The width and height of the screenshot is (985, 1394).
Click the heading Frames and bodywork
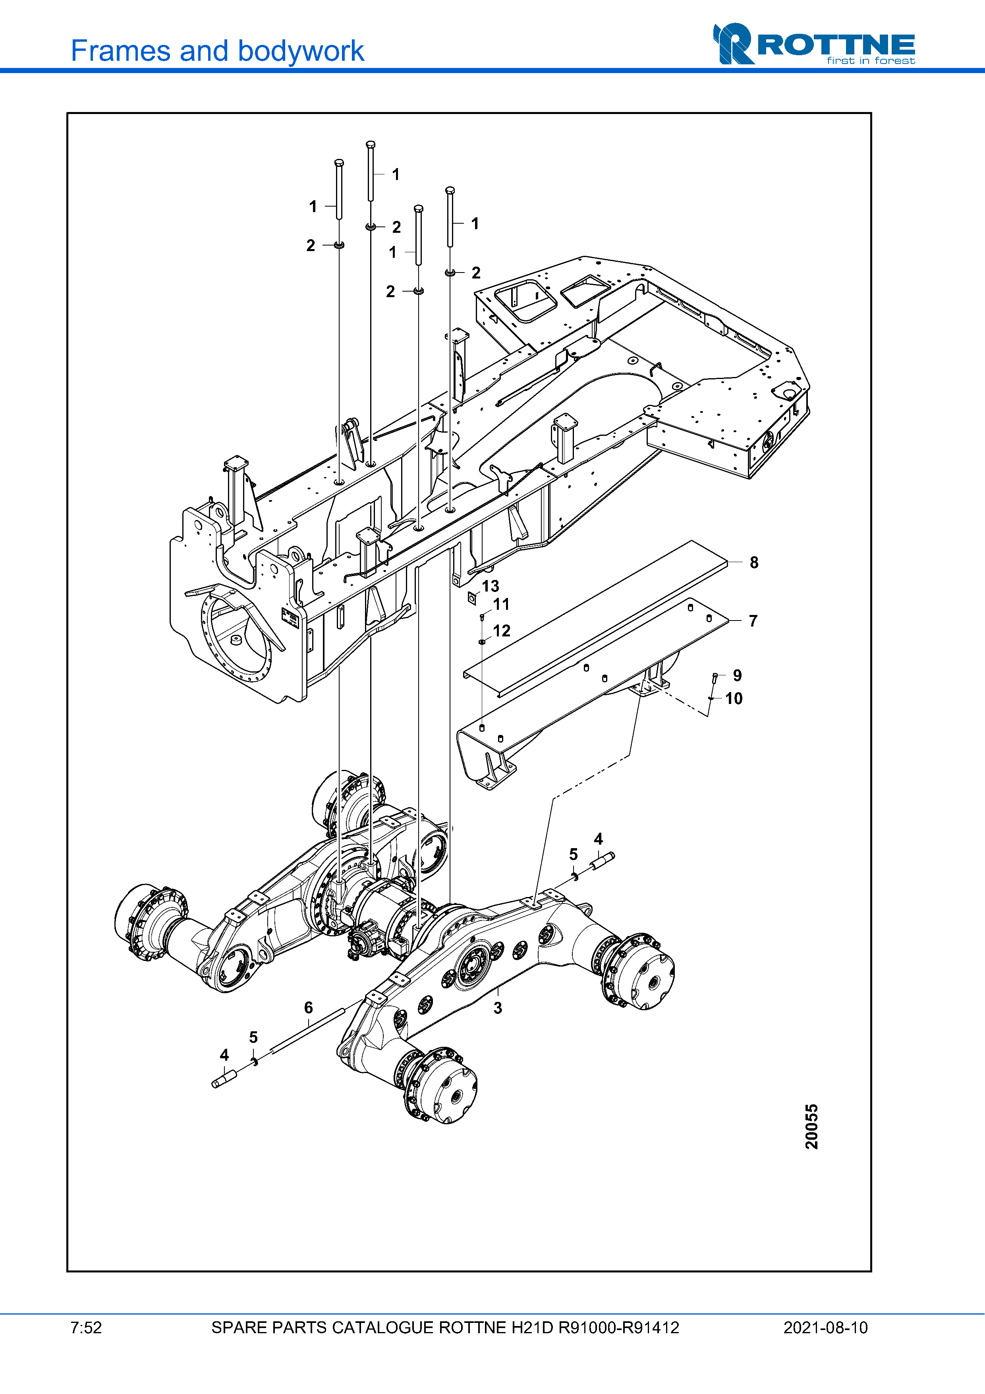[217, 51]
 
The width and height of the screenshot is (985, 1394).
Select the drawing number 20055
[811, 1126]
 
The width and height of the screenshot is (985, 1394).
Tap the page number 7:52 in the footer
[86, 1328]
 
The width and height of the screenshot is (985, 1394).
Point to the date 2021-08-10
[825, 1328]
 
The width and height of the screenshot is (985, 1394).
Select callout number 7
[753, 621]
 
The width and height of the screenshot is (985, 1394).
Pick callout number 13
[491, 586]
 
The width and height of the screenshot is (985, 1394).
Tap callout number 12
[501, 631]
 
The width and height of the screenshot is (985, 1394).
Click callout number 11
[501, 604]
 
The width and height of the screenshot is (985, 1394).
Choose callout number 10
[734, 698]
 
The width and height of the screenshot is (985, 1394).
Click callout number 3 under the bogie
[498, 1008]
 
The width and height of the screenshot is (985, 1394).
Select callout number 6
[308, 1008]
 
